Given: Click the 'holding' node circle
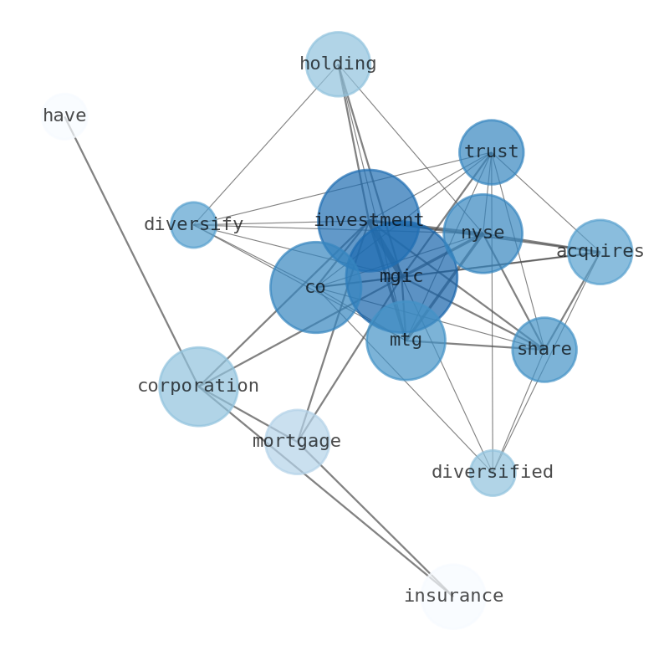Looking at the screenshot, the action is (x=338, y=64).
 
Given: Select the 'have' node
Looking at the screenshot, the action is (x=64, y=116).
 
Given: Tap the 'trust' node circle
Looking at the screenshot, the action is (x=491, y=152).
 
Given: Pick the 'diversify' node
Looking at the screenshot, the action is (x=193, y=224).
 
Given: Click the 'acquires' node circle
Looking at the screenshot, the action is (x=600, y=252).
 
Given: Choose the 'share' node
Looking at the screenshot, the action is (x=544, y=350).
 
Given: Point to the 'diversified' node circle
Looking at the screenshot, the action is (x=493, y=473).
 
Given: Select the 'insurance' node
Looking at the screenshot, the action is (x=453, y=597).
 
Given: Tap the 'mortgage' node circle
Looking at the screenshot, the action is (x=297, y=442).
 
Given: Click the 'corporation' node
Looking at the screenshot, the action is (x=198, y=387).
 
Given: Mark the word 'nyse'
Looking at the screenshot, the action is (x=483, y=233).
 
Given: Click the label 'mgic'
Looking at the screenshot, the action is (x=401, y=277).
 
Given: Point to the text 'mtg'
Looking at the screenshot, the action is (x=406, y=340).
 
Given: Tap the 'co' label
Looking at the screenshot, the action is (x=315, y=287).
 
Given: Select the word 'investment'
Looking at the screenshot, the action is (x=369, y=220).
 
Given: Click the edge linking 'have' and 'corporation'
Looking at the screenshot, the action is (x=131, y=251).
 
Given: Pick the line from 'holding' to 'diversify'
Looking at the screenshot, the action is (x=265, y=144).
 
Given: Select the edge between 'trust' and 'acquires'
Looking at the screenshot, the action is (x=545, y=202).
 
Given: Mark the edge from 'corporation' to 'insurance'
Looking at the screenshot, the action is (x=325, y=491).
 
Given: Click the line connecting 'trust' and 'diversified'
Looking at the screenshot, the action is (x=492, y=312).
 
